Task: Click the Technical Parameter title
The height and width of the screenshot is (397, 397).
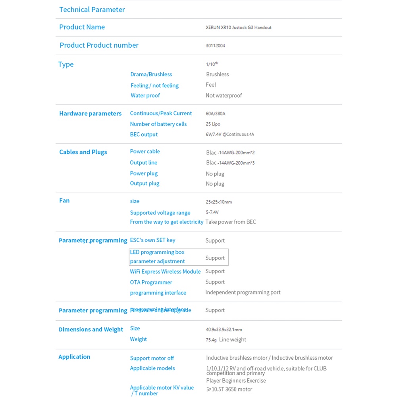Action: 92,10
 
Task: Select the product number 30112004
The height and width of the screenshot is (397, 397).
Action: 215,46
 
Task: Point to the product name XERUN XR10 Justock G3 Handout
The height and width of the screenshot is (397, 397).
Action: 239,27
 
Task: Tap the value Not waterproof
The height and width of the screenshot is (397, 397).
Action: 224,95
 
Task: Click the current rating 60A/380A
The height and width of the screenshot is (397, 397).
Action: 216,114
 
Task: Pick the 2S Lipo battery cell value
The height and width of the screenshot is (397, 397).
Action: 213,124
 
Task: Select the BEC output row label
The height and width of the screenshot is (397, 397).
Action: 144,134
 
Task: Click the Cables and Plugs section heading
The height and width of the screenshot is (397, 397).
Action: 83,152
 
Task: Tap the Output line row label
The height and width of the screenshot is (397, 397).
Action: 143,162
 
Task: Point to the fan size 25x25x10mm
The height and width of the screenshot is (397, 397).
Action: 219,202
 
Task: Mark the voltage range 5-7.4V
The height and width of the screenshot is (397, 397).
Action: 212,212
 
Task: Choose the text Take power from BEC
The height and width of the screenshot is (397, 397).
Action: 231,222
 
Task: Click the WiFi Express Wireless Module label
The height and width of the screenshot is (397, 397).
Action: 165,272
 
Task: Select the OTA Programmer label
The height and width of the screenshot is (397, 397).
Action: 151,282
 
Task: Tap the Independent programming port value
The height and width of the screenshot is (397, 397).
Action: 243,292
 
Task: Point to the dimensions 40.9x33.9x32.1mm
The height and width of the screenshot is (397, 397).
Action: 224,329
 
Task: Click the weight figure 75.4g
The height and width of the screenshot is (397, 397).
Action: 211,340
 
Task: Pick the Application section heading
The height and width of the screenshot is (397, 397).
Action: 74,357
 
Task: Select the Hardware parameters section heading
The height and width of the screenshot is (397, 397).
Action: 90,114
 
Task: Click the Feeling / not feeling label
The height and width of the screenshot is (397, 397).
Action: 154,85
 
